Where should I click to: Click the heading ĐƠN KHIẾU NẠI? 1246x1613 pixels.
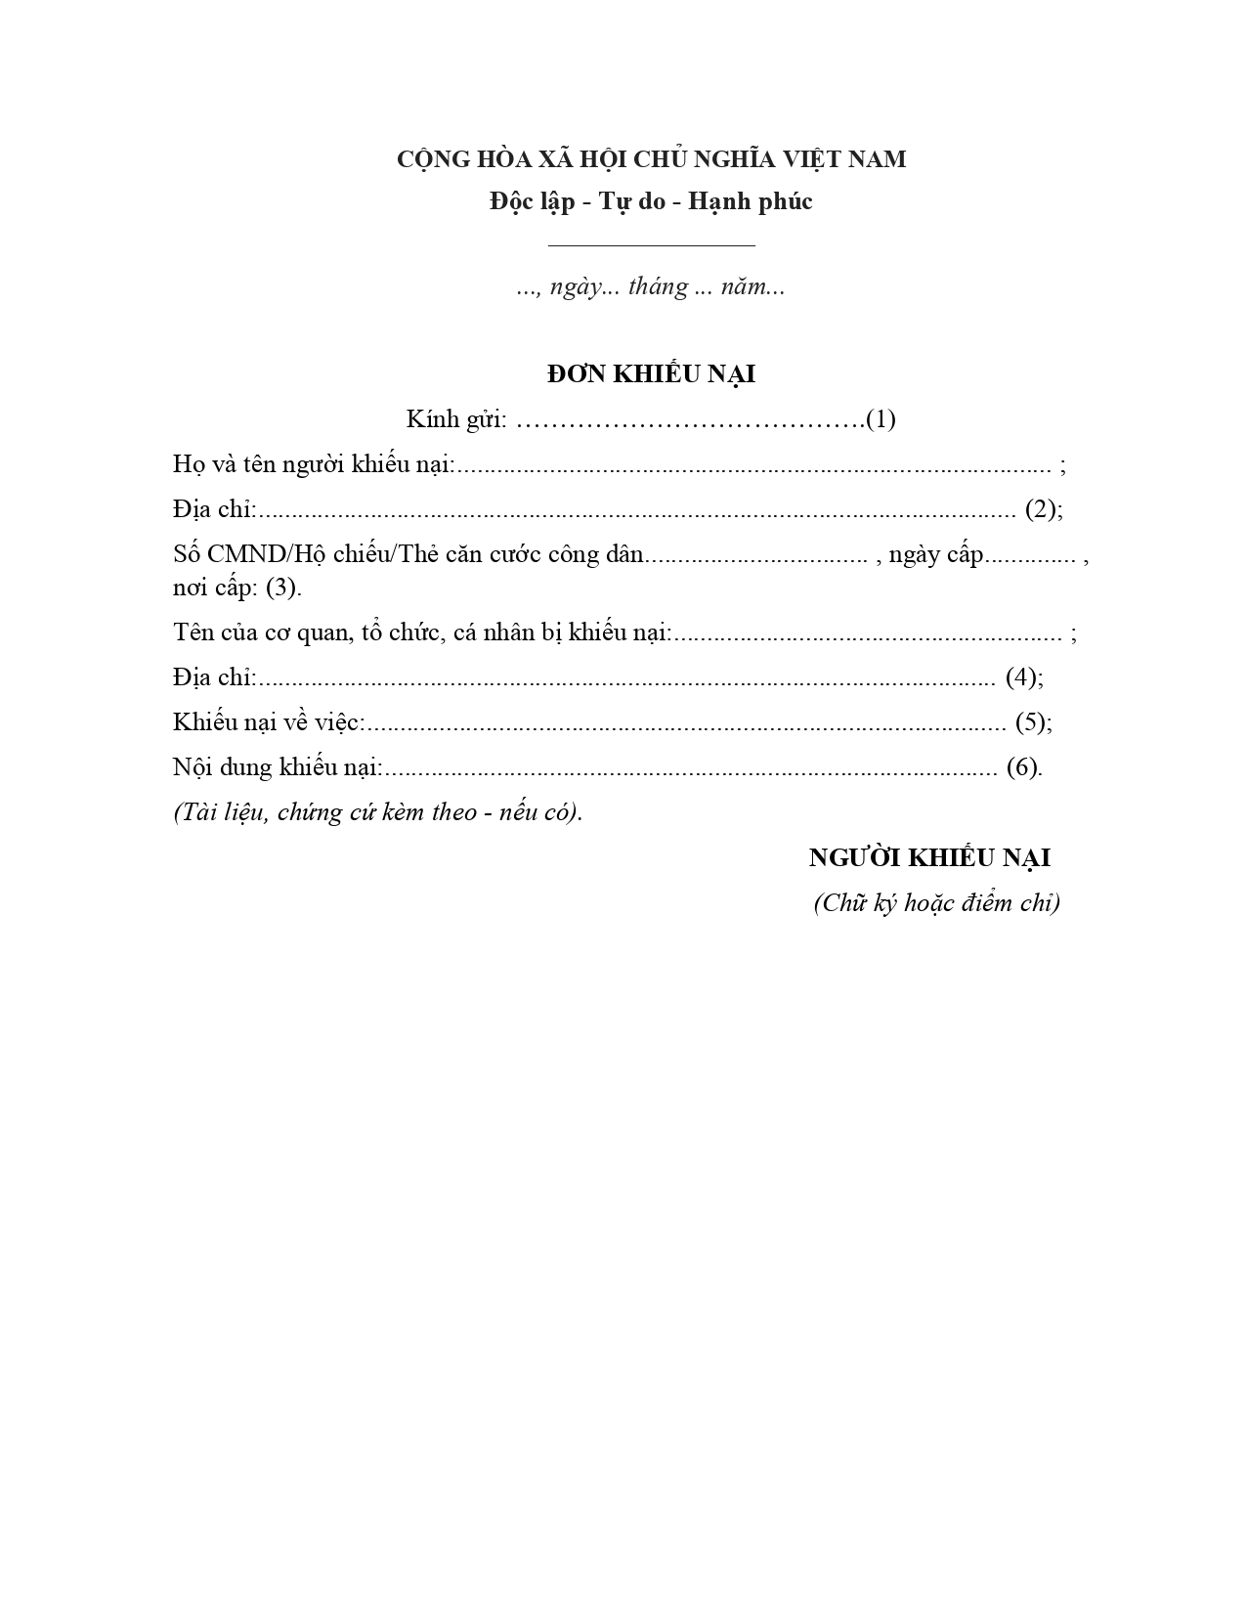pyautogui.click(x=651, y=374)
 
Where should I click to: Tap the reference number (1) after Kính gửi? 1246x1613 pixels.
pyautogui.click(x=881, y=419)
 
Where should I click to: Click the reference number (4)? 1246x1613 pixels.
pyautogui.click(x=1021, y=677)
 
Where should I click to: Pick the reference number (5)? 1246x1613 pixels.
pyautogui.click(x=1031, y=722)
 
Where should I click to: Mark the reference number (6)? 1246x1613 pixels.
pyautogui.click(x=1022, y=767)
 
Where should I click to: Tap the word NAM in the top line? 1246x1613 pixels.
pyautogui.click(x=877, y=158)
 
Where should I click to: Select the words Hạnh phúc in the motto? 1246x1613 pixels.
pyautogui.click(x=751, y=201)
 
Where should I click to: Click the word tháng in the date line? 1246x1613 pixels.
pyautogui.click(x=659, y=287)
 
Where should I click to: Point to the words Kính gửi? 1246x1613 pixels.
pyautogui.click(x=456, y=419)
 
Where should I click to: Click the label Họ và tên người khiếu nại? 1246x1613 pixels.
pyautogui.click(x=314, y=464)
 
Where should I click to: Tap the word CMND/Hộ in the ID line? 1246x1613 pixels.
pyautogui.click(x=259, y=554)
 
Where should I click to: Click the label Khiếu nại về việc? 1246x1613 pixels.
pyautogui.click(x=269, y=722)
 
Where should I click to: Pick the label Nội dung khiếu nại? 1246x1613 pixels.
pyautogui.click(x=278, y=767)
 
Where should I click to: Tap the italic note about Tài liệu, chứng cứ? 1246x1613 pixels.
pyautogui.click(x=377, y=812)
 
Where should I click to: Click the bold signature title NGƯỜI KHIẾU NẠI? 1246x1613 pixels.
pyautogui.click(x=929, y=857)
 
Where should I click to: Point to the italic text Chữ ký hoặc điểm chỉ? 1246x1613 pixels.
pyautogui.click(x=936, y=902)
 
